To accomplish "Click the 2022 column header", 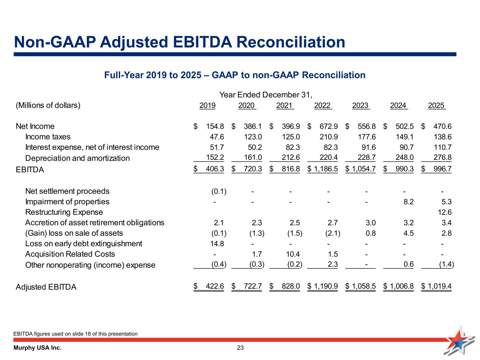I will pos(322,105).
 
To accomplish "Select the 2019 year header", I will pos(207,105).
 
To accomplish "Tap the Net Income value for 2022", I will pos(327,126).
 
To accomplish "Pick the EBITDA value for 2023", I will pos(363,169).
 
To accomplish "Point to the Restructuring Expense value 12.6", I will pos(445,212).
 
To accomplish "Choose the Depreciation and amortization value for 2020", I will pos(253,158).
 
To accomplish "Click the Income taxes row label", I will pos(48,137).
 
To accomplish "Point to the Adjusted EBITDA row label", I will pos(46,287).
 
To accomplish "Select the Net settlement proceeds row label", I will pos(67,191).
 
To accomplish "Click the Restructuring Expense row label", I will pos(64,212).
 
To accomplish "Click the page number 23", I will pos(240,348).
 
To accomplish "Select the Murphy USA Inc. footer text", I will pos(37,348).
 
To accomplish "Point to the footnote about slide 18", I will pos(75,334).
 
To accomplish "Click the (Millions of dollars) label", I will pos(48,105).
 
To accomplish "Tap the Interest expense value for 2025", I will pos(443,147).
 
